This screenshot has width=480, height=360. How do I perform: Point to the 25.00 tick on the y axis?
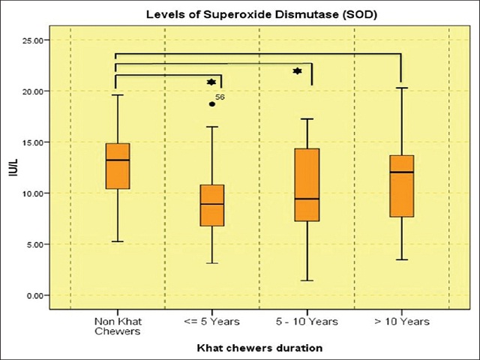pos(36,40)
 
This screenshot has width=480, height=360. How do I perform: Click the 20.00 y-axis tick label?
pos(36,91)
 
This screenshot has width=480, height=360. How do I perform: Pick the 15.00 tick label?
pos(36,142)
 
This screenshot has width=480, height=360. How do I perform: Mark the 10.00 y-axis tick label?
pos(36,193)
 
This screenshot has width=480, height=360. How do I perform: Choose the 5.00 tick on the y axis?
pos(38,244)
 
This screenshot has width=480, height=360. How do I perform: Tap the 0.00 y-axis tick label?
pos(38,295)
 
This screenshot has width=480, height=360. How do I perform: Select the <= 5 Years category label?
pos(212,322)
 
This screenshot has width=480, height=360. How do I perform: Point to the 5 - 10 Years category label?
pos(307,322)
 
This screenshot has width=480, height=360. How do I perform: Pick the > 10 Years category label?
pos(402,322)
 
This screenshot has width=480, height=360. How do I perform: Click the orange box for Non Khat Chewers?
pos(118,166)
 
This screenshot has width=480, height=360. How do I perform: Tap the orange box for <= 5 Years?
pos(212,205)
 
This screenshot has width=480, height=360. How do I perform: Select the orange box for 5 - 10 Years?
pos(307,184)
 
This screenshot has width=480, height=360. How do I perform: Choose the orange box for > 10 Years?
pos(402,186)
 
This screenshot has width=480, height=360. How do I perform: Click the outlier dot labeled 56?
pos(212,104)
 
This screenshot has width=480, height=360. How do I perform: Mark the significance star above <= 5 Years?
pos(211,82)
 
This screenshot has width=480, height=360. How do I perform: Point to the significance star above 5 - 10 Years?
pos(297,70)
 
